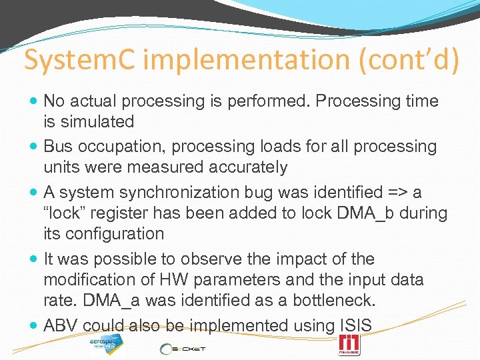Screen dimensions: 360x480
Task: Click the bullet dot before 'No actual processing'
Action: pyautogui.click(x=34, y=101)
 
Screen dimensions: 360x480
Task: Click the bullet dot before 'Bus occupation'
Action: pyautogui.click(x=34, y=147)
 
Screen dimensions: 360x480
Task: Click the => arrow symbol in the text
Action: pyautogui.click(x=397, y=193)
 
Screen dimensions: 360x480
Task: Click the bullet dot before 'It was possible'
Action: pyautogui.click(x=34, y=259)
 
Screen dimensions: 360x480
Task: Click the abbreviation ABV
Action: pyautogui.click(x=61, y=325)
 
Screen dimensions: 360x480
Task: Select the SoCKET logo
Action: pyautogui.click(x=182, y=348)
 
